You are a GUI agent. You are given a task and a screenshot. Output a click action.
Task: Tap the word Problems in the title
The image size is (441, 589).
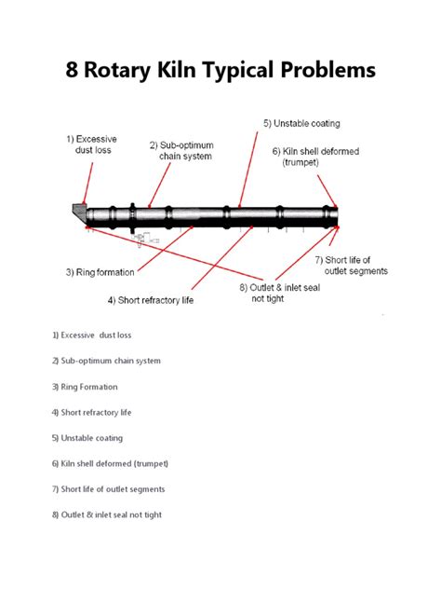click(x=328, y=70)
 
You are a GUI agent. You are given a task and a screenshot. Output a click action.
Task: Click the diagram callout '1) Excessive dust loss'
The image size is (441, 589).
click(x=92, y=144)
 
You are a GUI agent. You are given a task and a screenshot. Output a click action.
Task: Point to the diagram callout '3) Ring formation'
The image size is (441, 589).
click(x=100, y=272)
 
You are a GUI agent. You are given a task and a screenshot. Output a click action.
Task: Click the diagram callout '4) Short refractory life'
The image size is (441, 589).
click(x=151, y=300)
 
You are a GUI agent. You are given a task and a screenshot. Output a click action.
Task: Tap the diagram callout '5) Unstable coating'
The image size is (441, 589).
click(x=301, y=123)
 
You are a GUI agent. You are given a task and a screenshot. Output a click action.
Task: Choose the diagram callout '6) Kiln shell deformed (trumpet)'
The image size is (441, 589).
click(x=315, y=157)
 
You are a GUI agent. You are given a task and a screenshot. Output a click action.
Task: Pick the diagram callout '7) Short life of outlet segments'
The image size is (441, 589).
click(x=352, y=266)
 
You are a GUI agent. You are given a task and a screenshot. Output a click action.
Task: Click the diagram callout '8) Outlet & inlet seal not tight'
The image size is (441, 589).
click(x=280, y=293)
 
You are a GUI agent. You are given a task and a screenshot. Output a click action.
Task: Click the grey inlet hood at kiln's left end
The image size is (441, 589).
click(x=79, y=212)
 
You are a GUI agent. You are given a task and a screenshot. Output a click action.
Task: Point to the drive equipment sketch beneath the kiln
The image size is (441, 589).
click(x=145, y=240)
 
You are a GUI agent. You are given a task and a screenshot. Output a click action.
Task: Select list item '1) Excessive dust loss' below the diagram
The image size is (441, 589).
click(x=92, y=336)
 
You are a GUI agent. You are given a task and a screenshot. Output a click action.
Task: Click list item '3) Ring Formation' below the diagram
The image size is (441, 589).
click(x=85, y=387)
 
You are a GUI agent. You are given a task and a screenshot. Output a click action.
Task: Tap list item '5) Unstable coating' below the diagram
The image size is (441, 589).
click(x=87, y=438)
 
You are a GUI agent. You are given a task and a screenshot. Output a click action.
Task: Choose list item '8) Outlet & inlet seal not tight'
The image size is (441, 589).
click(x=107, y=514)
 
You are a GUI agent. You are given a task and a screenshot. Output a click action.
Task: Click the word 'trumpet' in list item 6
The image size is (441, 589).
click(x=151, y=463)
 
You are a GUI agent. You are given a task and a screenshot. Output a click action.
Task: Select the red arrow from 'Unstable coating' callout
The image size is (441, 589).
click(x=248, y=170)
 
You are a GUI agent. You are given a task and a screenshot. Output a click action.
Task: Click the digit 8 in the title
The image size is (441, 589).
click(x=72, y=70)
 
